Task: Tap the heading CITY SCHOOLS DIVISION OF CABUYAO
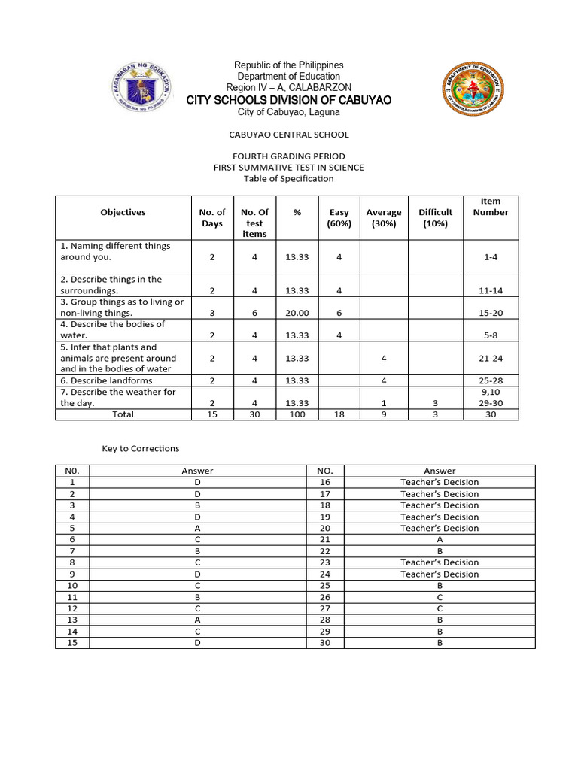(289, 100)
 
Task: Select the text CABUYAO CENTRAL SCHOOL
(289, 135)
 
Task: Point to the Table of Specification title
(289, 179)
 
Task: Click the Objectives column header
(123, 213)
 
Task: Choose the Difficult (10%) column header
(436, 217)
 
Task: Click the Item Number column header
(491, 207)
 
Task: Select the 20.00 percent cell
(297, 313)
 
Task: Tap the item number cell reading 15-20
(491, 313)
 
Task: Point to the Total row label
(123, 414)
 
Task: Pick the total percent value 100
(297, 414)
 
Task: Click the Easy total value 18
(339, 414)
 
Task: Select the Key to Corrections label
(141, 449)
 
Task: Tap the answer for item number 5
(197, 528)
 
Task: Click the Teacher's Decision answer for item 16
(440, 482)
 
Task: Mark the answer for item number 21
(440, 539)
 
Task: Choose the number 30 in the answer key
(325, 642)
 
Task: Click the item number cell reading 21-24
(491, 359)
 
